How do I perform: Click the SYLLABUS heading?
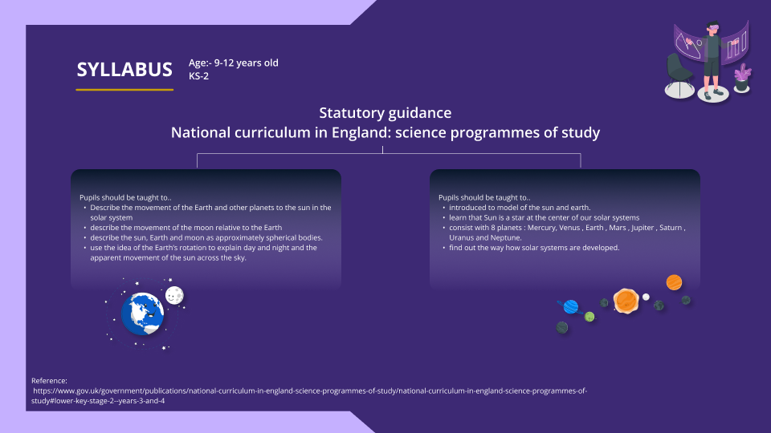pyautogui.click(x=124, y=69)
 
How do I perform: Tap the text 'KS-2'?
pyautogui.click(x=198, y=75)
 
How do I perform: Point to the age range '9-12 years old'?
pyautogui.click(x=246, y=63)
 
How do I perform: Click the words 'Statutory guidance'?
pyautogui.click(x=385, y=113)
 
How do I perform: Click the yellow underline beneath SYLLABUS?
pyautogui.click(x=124, y=89)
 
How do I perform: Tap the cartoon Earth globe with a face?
pyautogui.click(x=143, y=314)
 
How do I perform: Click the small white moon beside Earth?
pyautogui.click(x=174, y=296)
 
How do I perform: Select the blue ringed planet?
pyautogui.click(x=571, y=307)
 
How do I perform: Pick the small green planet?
pyautogui.click(x=589, y=318)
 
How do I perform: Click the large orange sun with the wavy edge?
pyautogui.click(x=626, y=301)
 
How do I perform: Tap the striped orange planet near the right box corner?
pyautogui.click(x=674, y=282)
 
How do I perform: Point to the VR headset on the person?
pyautogui.click(x=712, y=27)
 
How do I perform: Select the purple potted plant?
pyautogui.click(x=742, y=78)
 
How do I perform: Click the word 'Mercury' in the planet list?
pyautogui.click(x=541, y=228)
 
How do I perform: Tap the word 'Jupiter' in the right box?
pyautogui.click(x=642, y=228)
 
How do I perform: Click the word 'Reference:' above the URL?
pyautogui.click(x=49, y=380)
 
